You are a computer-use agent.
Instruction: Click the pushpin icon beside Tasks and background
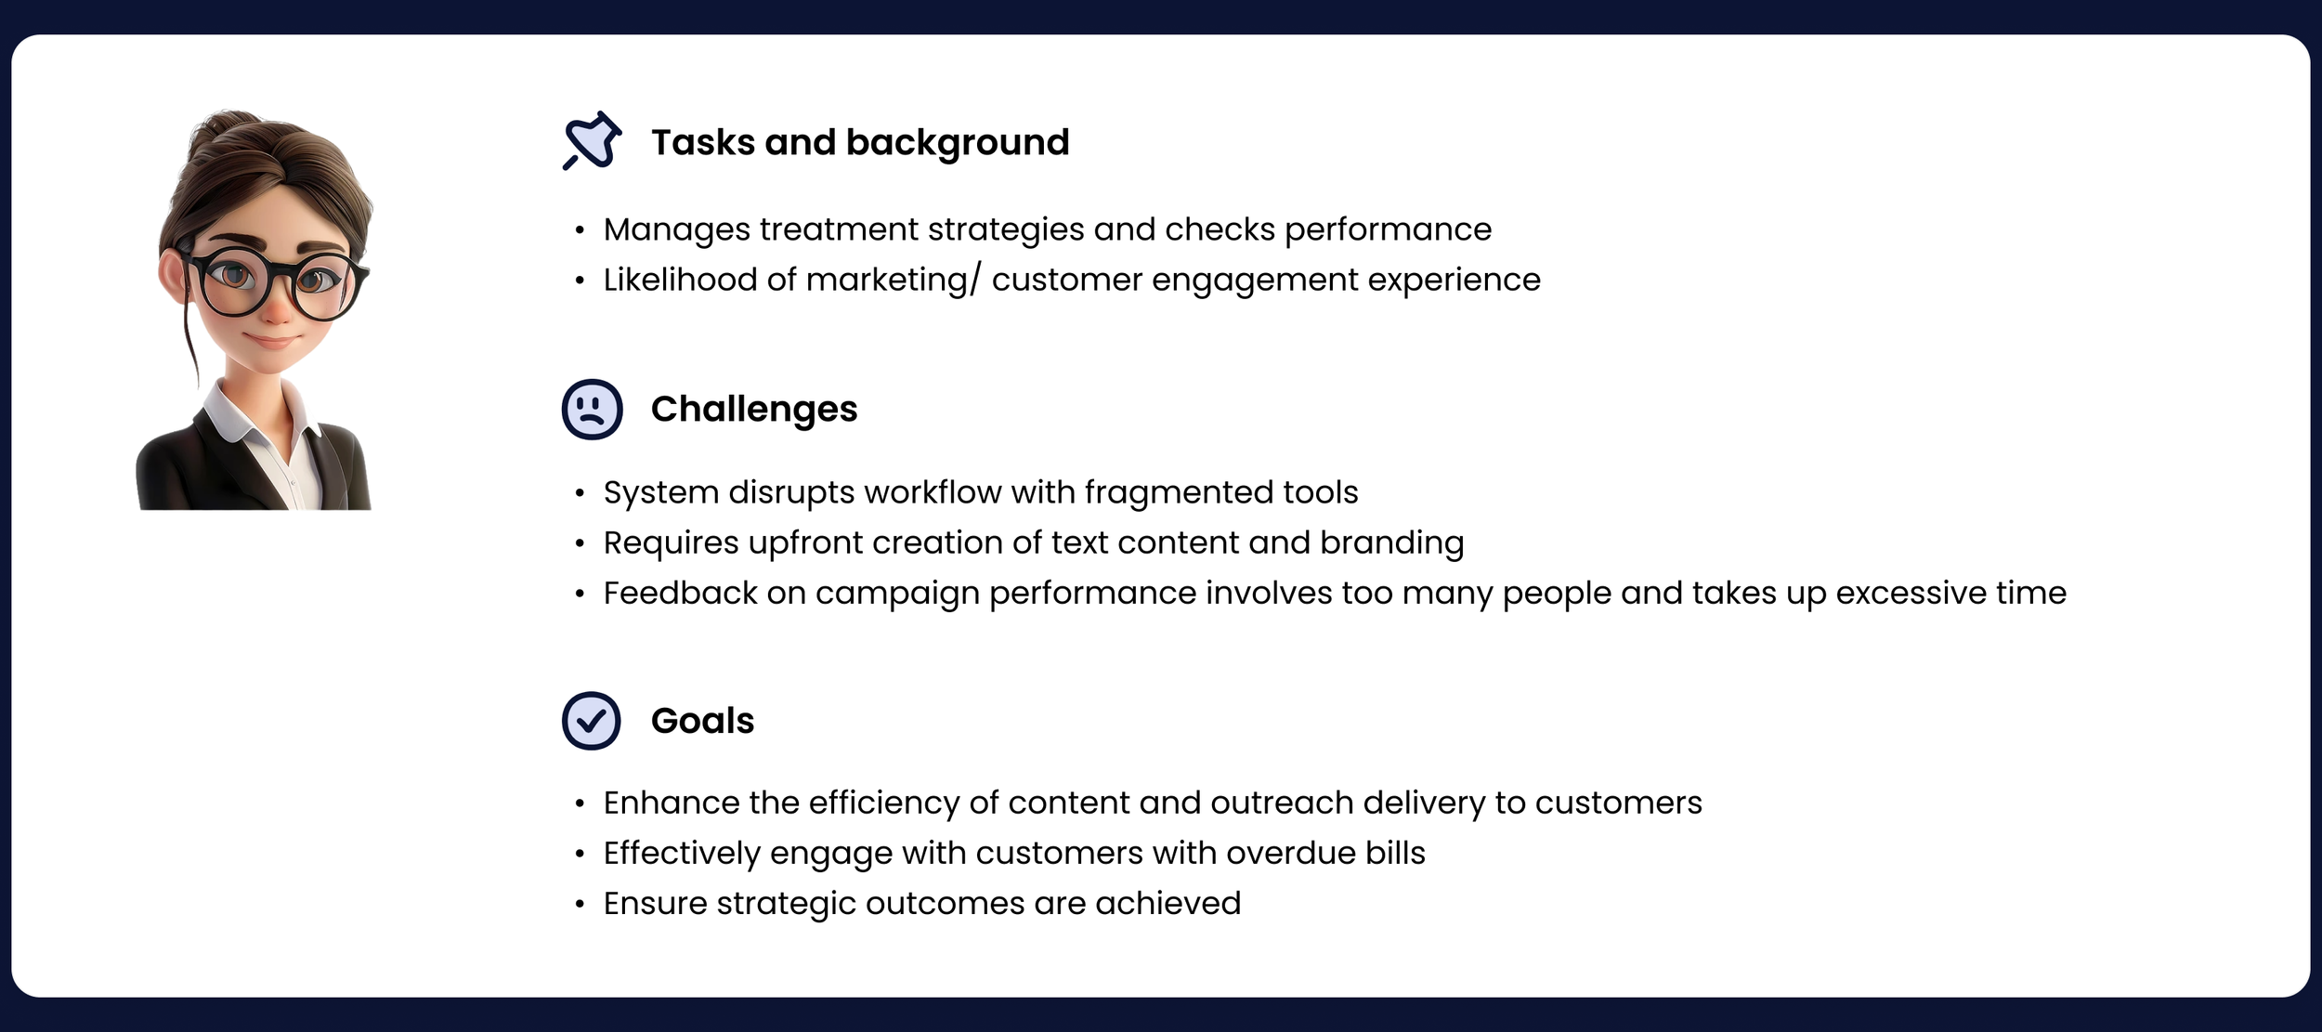[592, 141]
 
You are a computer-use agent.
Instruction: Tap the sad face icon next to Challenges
[592, 409]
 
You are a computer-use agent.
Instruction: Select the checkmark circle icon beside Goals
[592, 721]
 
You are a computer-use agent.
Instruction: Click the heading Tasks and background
[860, 142]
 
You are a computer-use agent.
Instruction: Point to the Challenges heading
[754, 409]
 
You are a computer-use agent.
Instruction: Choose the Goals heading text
[703, 721]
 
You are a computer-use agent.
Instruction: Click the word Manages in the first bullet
[676, 229]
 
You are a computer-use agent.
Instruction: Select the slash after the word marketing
[975, 280]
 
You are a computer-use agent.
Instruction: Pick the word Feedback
[680, 593]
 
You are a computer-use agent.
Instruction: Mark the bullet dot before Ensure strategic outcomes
[580, 904]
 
